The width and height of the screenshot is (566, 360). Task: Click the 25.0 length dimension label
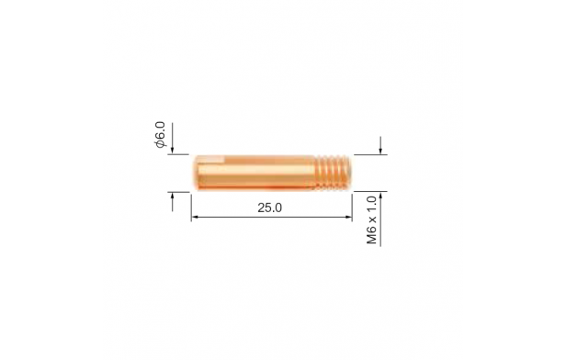click(269, 208)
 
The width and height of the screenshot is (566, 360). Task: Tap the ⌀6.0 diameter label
click(160, 135)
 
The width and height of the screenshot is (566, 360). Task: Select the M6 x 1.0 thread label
click(372, 220)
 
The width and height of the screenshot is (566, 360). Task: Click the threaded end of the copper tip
click(333, 173)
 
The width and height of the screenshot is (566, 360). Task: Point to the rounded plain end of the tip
click(196, 173)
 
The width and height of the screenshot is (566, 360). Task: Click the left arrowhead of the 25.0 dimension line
click(195, 217)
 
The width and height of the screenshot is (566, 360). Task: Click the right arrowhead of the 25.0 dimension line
click(348, 217)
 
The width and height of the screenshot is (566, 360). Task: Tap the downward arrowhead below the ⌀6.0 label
click(172, 150)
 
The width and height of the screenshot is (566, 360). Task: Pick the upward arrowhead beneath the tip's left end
click(172, 197)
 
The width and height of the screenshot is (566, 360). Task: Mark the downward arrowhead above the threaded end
click(380, 150)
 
